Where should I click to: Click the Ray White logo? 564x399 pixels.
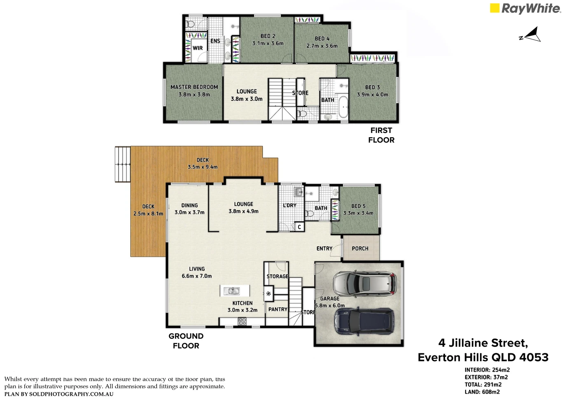[525, 8]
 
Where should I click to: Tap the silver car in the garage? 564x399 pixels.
[365, 284]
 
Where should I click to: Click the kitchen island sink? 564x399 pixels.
[234, 291]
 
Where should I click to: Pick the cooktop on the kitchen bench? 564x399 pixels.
[242, 321]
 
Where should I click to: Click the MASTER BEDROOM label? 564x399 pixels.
[194, 87]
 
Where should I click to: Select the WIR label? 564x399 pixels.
[198, 48]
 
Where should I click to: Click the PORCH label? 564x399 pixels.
[360, 249]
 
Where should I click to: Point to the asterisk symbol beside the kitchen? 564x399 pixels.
[268, 294]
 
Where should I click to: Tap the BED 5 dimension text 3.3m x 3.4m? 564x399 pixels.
[358, 213]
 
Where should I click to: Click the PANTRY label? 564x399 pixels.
[278, 309]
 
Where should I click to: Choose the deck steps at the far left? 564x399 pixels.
[123, 164]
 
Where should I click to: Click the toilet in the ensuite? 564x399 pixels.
[190, 24]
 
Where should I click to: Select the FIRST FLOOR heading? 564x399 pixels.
[381, 135]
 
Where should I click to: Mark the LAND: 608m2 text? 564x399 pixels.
[482, 392]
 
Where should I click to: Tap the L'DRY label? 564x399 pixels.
[289, 205]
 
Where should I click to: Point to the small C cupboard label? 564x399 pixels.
[299, 227]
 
